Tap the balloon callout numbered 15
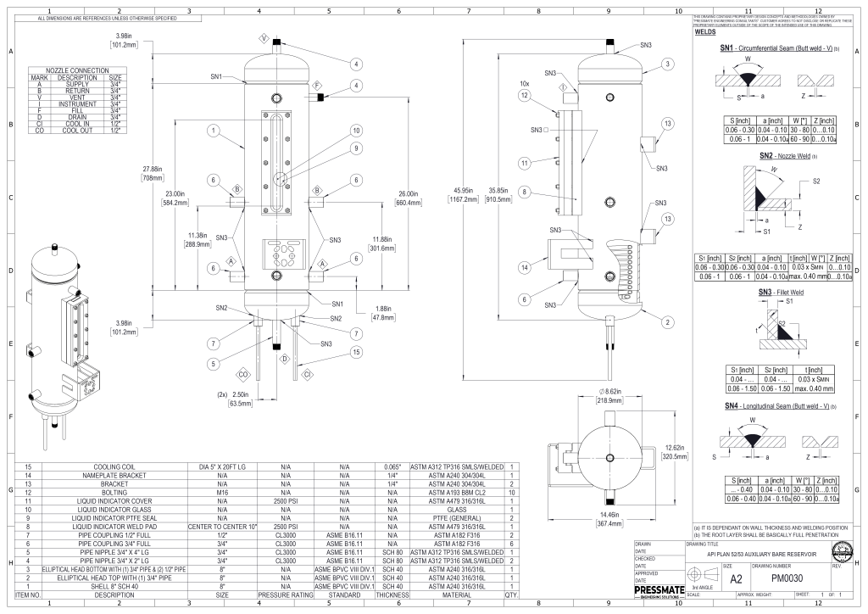click(356, 351)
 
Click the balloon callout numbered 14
click(525, 267)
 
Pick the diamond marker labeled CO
click(242, 373)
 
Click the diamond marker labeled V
click(263, 39)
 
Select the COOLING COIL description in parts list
click(120, 467)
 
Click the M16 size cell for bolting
click(223, 491)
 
